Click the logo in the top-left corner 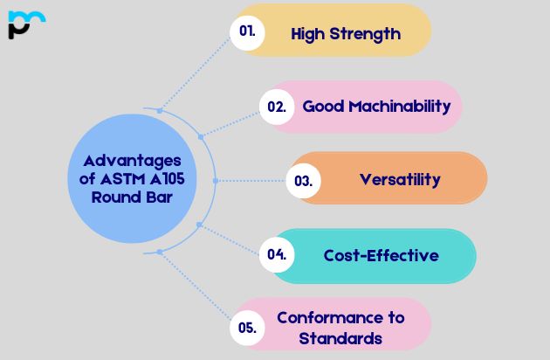[x=25, y=24]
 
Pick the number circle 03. [x=303, y=181]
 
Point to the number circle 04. [x=277, y=255]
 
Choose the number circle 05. [x=247, y=328]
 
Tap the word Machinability [x=400, y=107]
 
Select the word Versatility [x=400, y=180]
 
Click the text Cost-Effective [x=381, y=255]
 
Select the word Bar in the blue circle [x=158, y=197]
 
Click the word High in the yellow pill [x=306, y=34]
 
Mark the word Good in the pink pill [x=321, y=107]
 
